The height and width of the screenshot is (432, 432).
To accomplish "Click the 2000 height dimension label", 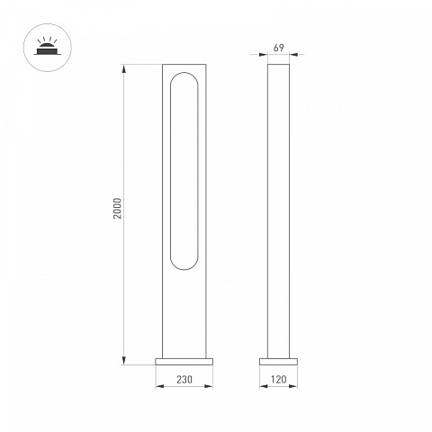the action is (x=118, y=208).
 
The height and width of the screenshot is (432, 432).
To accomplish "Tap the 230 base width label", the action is (x=184, y=380).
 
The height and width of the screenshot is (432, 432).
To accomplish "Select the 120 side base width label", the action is (x=278, y=380).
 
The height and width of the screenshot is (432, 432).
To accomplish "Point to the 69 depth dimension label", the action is (x=279, y=48).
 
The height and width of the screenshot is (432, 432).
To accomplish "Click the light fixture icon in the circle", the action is (x=48, y=48).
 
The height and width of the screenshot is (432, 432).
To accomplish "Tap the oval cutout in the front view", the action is (x=170, y=171).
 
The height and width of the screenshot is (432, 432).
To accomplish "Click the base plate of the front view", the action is (x=184, y=362).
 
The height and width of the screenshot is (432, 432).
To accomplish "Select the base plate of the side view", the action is (x=278, y=362).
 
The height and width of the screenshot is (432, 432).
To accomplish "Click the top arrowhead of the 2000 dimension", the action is (x=124, y=68).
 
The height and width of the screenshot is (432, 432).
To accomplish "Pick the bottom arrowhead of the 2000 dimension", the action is (x=124, y=361).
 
